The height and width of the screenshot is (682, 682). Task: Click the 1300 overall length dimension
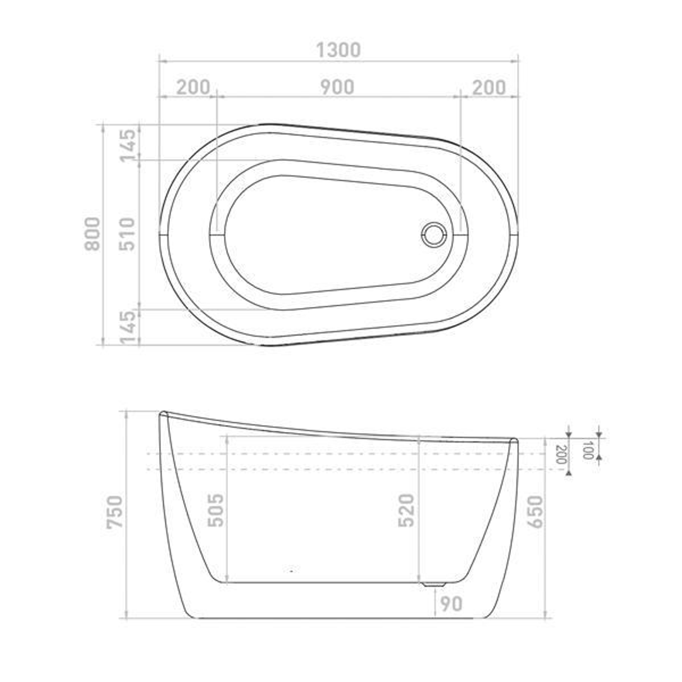point(338,51)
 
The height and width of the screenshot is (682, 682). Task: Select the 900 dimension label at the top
point(337,87)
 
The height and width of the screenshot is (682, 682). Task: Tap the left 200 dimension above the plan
point(193,87)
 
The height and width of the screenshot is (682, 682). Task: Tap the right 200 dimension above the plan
point(489,87)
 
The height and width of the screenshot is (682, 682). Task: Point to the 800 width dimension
point(92,234)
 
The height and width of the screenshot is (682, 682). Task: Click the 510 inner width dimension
point(128,234)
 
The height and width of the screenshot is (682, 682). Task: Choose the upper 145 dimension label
point(128,145)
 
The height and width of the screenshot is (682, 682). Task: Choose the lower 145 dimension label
point(128,327)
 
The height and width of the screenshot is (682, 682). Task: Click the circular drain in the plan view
point(434,234)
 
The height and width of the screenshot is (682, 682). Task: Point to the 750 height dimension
point(116,512)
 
